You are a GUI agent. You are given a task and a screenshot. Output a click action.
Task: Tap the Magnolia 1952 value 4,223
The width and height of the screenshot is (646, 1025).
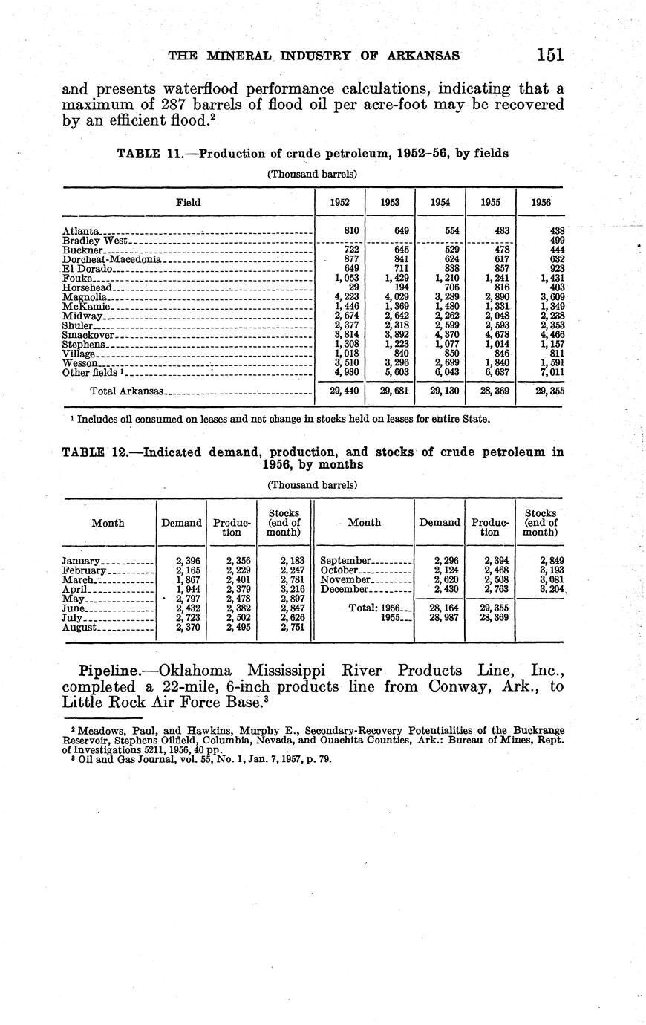click(348, 297)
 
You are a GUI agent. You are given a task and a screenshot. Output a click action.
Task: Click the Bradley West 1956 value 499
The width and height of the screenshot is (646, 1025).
click(556, 241)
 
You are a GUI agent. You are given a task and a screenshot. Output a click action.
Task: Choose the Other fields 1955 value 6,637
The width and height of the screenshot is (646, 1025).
click(495, 373)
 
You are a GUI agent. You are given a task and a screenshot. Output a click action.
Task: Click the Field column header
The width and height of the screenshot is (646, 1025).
click(188, 202)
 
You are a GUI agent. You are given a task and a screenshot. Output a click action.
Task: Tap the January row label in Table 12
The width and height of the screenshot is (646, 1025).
click(81, 561)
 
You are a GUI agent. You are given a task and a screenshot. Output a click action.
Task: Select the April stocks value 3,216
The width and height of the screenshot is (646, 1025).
click(293, 589)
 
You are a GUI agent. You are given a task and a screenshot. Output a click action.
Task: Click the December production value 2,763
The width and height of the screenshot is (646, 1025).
click(496, 589)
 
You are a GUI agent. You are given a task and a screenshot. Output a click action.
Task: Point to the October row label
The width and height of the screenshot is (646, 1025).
click(339, 570)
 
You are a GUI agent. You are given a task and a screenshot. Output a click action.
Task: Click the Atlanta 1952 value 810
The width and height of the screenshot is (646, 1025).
click(352, 231)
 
